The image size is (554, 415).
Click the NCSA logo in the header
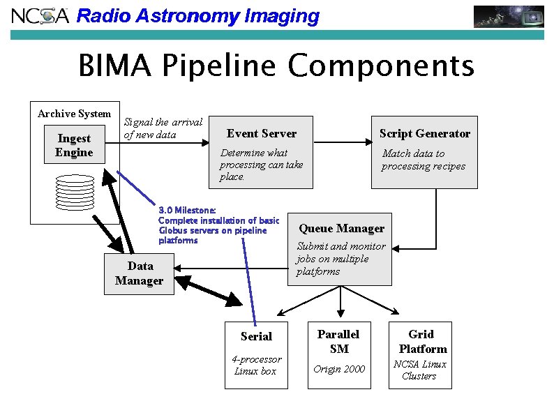coord(39,15)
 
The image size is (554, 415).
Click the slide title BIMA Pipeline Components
coord(276,67)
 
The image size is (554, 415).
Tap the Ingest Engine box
coord(74,146)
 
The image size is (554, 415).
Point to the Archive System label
coord(74,114)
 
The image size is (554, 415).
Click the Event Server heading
coord(262,134)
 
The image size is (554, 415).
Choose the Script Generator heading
coord(424,134)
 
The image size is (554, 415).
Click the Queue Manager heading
coord(341,229)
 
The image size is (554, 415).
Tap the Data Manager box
coord(139,273)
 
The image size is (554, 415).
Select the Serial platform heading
coord(256,336)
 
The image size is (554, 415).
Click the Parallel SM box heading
coord(339,342)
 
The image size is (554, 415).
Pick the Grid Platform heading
coord(422,342)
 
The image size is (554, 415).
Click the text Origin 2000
coord(339,369)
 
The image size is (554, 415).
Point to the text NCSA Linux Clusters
coord(420,370)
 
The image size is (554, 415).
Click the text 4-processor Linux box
coord(256,365)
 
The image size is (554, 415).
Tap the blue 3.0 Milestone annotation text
coord(218,225)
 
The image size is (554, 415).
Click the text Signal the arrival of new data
coord(163,128)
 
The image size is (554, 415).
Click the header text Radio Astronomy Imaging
coord(197,16)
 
